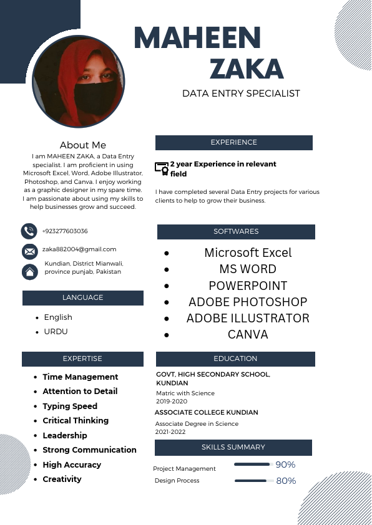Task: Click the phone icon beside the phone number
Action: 29,231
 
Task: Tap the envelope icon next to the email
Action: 29,251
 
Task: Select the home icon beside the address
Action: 29,272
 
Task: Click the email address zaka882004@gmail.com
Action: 79,249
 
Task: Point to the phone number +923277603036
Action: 65,231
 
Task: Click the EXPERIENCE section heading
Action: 233,142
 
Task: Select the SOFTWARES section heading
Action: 236,231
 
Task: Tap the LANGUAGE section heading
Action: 82,297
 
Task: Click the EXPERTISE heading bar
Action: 82,359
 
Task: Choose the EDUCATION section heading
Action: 235,359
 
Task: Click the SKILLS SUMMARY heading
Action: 233,447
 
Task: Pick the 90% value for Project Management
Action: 285,465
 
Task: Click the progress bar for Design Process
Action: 251,481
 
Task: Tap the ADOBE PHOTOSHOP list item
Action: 248,302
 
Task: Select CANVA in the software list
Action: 248,334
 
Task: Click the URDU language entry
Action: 56,332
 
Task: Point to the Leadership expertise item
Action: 65,435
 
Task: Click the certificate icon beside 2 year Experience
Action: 162,168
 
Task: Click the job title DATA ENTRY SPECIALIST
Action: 241,94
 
